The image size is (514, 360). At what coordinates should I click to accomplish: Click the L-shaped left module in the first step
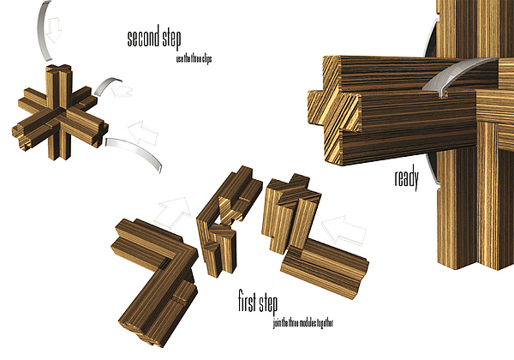154,266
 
